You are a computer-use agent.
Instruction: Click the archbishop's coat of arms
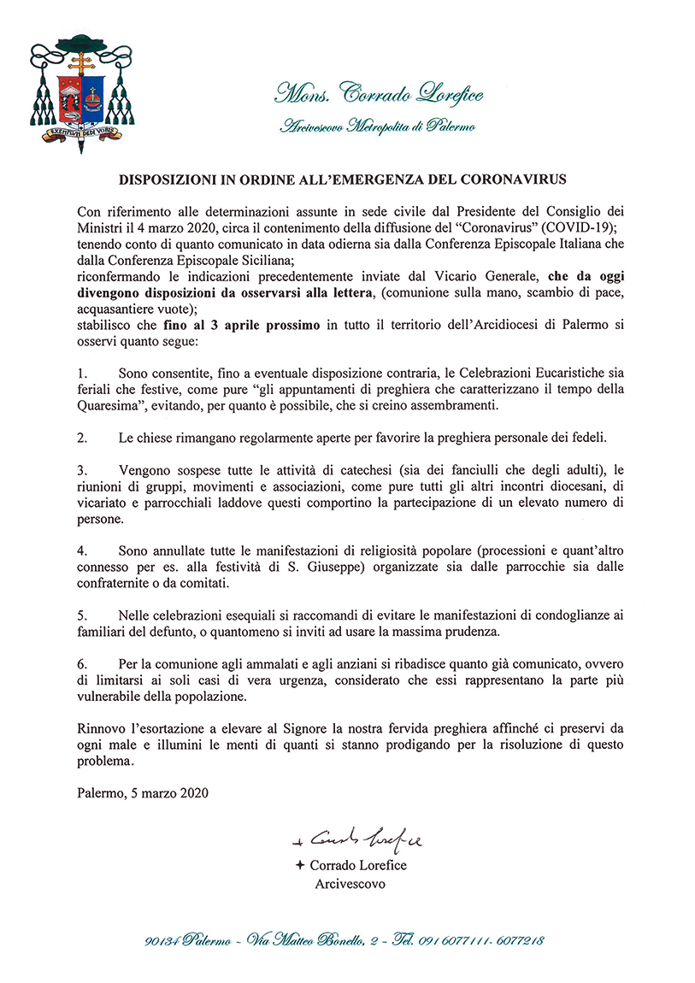(x=81, y=93)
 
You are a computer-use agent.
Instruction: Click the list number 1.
(x=81, y=374)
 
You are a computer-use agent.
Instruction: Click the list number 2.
(x=81, y=438)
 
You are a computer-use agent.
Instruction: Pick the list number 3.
(x=81, y=469)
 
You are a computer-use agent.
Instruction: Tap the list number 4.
(x=81, y=549)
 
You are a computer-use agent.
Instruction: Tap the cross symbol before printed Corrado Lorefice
(x=299, y=865)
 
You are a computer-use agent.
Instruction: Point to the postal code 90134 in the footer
(x=162, y=940)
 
